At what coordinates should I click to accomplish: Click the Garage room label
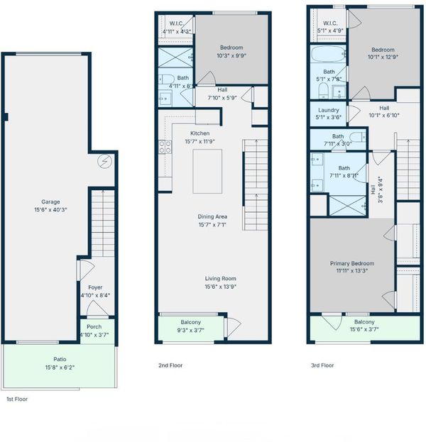pos(50,201)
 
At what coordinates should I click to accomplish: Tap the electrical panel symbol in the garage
pos(104,162)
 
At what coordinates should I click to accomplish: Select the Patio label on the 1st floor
pos(60,359)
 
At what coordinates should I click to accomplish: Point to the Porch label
pos(94,326)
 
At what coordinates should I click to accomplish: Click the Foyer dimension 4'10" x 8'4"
pos(95,295)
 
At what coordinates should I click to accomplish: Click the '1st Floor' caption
pos(17,399)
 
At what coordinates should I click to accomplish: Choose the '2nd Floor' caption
pos(170,365)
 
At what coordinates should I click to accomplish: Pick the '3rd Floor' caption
pos(322,365)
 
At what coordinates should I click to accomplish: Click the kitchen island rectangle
pos(207,172)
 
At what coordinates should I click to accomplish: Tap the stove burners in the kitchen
pos(165,147)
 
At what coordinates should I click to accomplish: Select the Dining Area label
pos(212,216)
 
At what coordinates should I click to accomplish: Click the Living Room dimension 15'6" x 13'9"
pos(221,287)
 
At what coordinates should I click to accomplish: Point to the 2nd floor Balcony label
pos(191,322)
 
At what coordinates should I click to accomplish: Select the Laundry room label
pos(329,110)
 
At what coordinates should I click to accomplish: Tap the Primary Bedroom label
pos(352,263)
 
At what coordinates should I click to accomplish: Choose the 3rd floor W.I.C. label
pos(330,23)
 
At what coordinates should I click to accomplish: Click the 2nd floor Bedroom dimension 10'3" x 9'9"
pos(231,55)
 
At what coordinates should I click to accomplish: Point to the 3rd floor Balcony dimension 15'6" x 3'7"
pos(364,329)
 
